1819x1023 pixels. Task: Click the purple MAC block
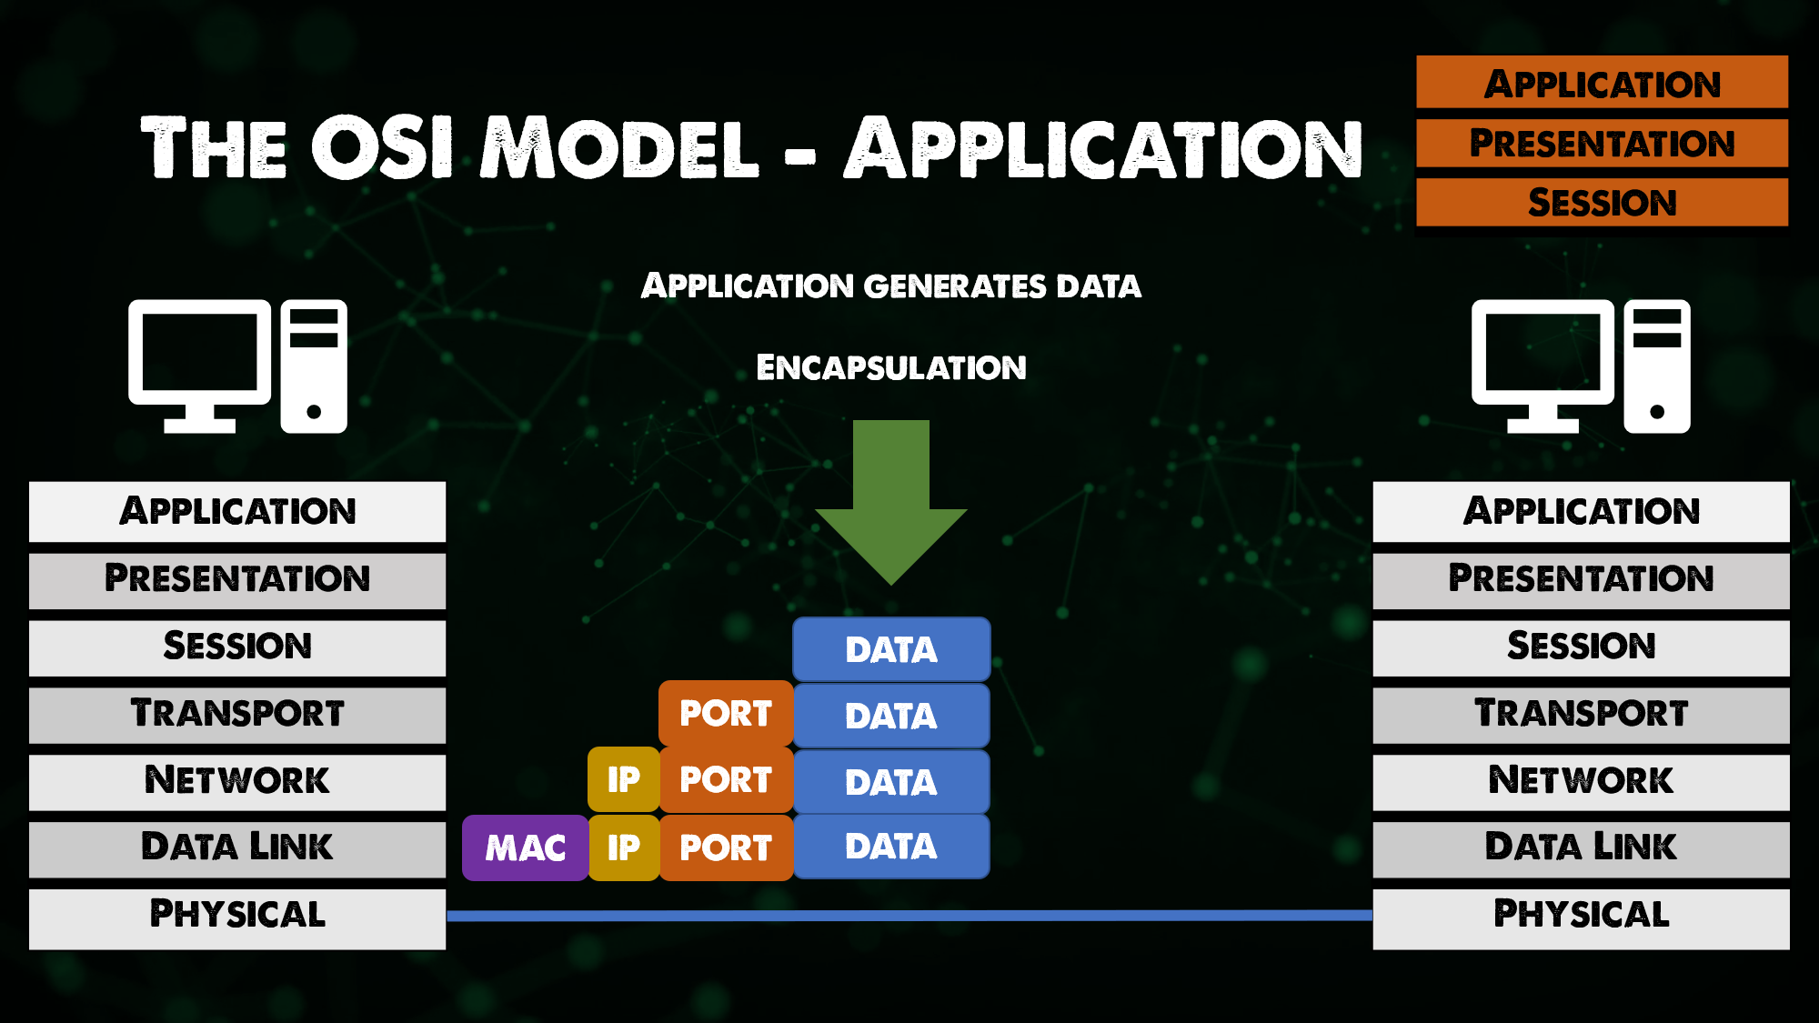525,847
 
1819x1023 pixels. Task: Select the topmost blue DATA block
891,649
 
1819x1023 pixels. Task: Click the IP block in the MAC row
624,847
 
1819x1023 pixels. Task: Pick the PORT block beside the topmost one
726,714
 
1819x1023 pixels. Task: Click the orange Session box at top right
1602,202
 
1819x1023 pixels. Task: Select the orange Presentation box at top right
1602,143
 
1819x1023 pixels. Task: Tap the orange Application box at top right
1602,84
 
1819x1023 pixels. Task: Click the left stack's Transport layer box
237,714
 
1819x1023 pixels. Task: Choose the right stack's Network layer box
1581,781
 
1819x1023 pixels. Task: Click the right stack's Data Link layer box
1581,848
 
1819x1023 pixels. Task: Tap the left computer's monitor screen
199,352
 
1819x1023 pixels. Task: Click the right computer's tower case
1657,366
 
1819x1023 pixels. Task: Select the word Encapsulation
890,367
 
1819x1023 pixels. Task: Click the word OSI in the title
382,147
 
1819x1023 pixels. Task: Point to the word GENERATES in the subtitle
955,286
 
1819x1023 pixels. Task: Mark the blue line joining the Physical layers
909,915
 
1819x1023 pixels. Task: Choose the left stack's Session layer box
237,647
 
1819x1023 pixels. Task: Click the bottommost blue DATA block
891,847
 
